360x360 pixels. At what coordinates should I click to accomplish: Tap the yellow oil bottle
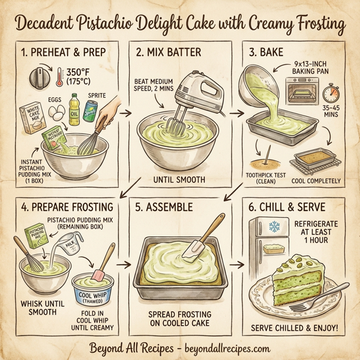point(74,106)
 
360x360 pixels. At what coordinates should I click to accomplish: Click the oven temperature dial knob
point(38,76)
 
